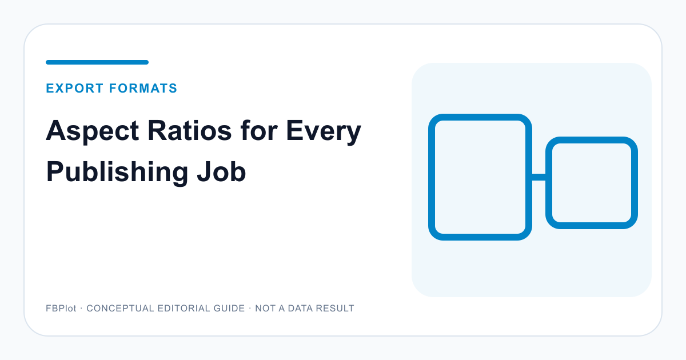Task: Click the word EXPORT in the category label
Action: [75, 88]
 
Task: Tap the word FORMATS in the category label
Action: [143, 88]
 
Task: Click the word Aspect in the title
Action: [93, 131]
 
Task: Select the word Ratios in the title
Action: [190, 131]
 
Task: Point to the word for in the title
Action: [259, 131]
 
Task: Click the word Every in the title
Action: [324, 131]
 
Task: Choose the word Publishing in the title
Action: [117, 173]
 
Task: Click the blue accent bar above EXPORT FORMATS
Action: [97, 62]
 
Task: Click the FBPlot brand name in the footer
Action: [61, 308]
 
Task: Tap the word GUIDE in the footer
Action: [229, 308]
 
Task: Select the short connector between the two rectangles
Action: [539, 177]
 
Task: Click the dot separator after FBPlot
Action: [81, 308]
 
